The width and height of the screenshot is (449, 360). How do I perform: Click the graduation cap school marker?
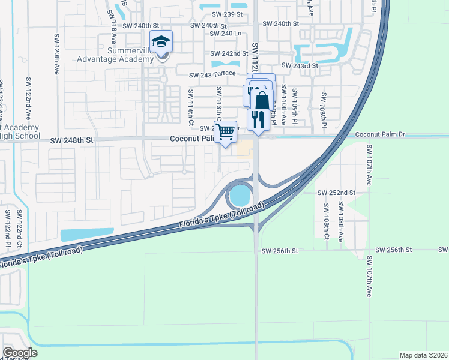tap(161, 42)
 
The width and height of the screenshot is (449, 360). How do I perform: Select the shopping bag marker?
tap(262, 100)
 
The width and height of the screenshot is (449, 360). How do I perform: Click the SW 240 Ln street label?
tap(225, 34)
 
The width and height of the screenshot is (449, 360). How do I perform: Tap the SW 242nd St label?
tap(230, 53)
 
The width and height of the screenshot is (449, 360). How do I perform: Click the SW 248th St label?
tap(73, 140)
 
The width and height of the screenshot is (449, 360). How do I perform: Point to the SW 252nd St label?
tap(337, 193)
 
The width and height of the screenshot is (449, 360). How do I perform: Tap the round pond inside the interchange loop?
tap(239, 195)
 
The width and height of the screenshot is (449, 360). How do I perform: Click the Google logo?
tap(20, 353)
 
